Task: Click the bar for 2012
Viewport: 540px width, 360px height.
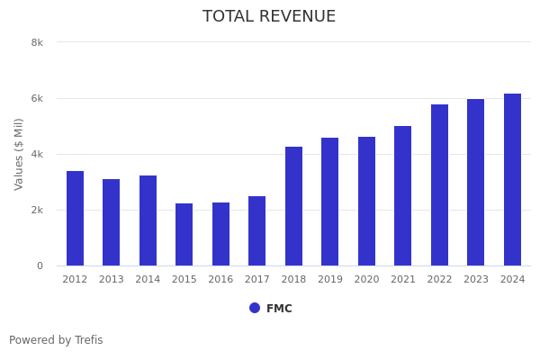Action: [75, 219]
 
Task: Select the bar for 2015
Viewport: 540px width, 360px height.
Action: [184, 235]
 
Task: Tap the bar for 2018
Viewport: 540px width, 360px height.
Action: [293, 206]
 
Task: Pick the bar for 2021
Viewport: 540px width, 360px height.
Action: [402, 196]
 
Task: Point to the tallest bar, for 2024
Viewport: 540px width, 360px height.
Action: [512, 180]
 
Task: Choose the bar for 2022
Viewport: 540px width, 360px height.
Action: [439, 185]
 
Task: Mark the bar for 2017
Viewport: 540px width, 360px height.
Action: [256, 231]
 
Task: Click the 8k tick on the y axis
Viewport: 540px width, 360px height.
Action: [37, 42]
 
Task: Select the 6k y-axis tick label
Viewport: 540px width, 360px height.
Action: [37, 98]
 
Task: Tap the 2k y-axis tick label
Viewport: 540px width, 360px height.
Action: [37, 210]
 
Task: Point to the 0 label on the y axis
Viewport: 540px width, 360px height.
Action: [40, 265]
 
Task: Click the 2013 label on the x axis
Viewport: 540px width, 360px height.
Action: [111, 280]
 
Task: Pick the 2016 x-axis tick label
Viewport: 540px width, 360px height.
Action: [220, 280]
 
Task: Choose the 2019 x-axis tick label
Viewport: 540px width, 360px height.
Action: [329, 280]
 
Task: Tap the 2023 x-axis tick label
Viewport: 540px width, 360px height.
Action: [475, 280]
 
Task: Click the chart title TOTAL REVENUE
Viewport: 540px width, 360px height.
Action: [269, 17]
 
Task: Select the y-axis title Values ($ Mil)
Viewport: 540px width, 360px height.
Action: [19, 154]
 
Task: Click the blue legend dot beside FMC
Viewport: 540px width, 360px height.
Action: [255, 308]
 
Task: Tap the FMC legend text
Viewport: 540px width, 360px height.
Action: [279, 309]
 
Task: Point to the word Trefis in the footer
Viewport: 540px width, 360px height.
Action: [88, 340]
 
